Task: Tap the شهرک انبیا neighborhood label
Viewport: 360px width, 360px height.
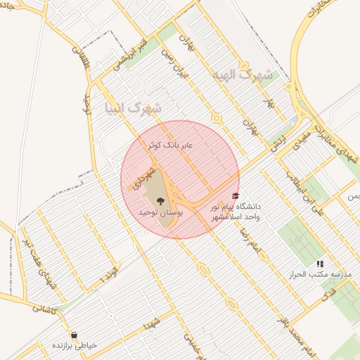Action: pyautogui.click(x=132, y=109)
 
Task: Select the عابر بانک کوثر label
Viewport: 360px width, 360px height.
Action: pyautogui.click(x=174, y=145)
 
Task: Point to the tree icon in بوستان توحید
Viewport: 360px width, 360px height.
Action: pyautogui.click(x=161, y=200)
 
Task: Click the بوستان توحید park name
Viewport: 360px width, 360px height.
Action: pyautogui.click(x=161, y=212)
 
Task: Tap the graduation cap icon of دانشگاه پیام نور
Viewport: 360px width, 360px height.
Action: pyautogui.click(x=235, y=196)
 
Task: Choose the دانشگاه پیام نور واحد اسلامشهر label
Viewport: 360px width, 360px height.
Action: pyautogui.click(x=236, y=212)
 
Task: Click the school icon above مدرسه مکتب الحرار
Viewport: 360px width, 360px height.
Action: pyautogui.click(x=320, y=263)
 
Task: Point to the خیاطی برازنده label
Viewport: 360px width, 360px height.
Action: pyautogui.click(x=75, y=346)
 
